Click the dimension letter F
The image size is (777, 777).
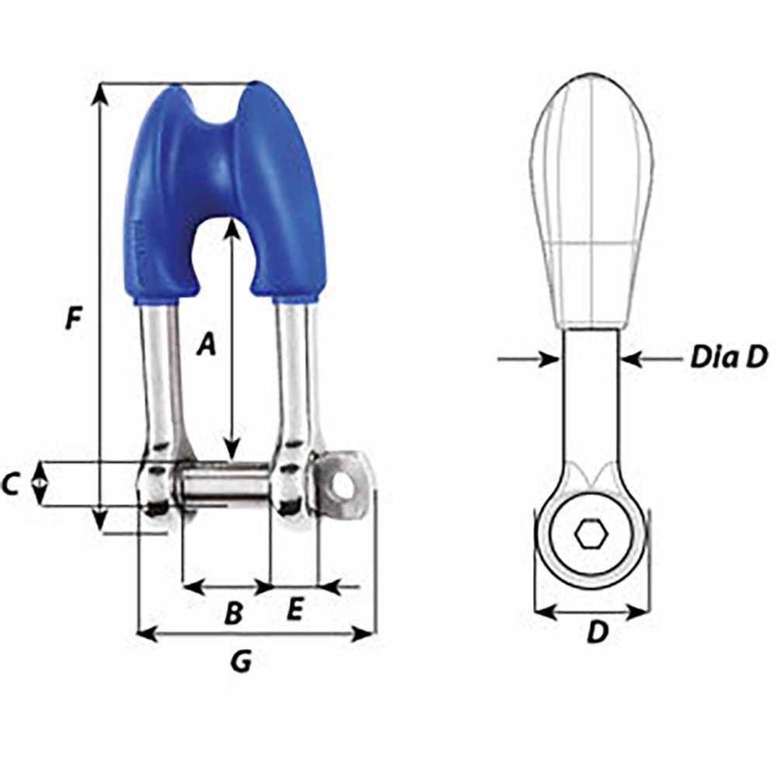point(73,319)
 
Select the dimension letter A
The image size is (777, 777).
point(205,343)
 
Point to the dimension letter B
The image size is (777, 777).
point(233,614)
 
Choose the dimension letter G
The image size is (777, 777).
point(242,662)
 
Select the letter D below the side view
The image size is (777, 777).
point(596,633)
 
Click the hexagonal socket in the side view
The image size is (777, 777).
point(591,534)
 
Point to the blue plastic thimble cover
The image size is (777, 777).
point(225,179)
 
